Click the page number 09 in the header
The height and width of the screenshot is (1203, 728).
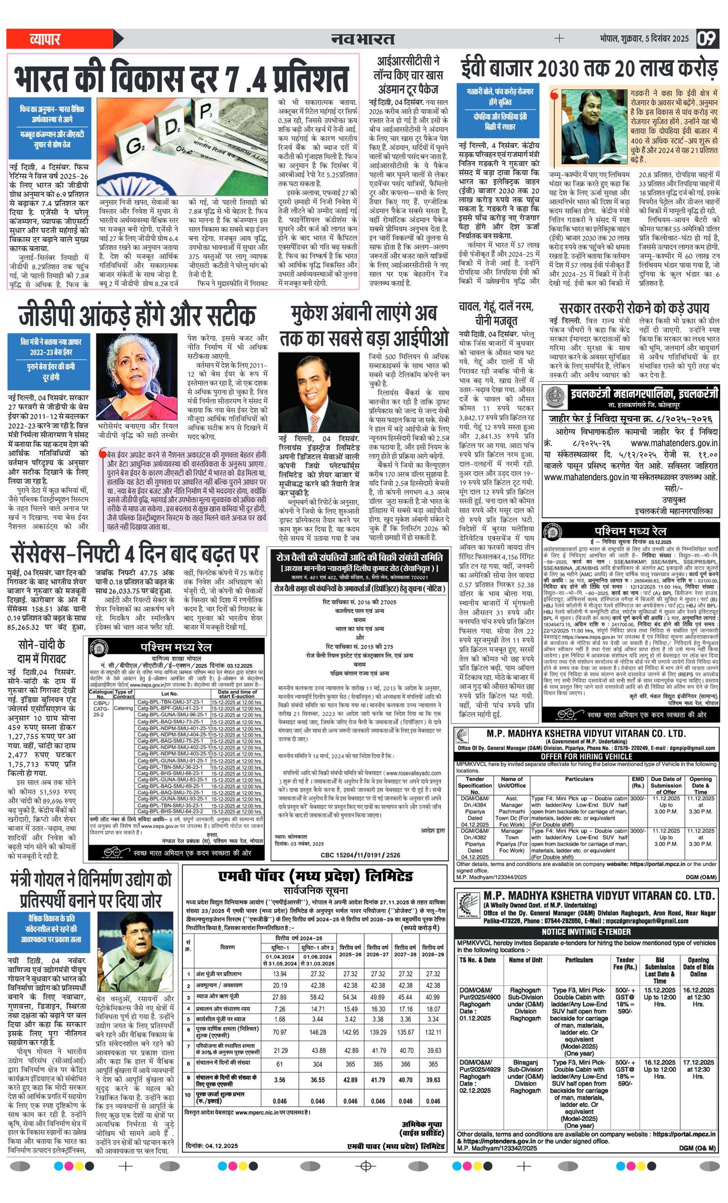coord(708,38)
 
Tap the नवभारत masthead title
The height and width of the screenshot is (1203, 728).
coord(363,39)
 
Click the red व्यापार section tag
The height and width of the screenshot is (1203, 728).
coord(45,39)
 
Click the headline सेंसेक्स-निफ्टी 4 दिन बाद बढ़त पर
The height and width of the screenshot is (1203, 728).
coord(135,554)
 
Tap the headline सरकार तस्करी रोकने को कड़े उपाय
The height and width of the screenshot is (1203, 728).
coord(634,308)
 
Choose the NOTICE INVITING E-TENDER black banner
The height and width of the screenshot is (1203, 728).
coord(586,931)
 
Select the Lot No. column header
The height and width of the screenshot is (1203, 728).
coord(170,693)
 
